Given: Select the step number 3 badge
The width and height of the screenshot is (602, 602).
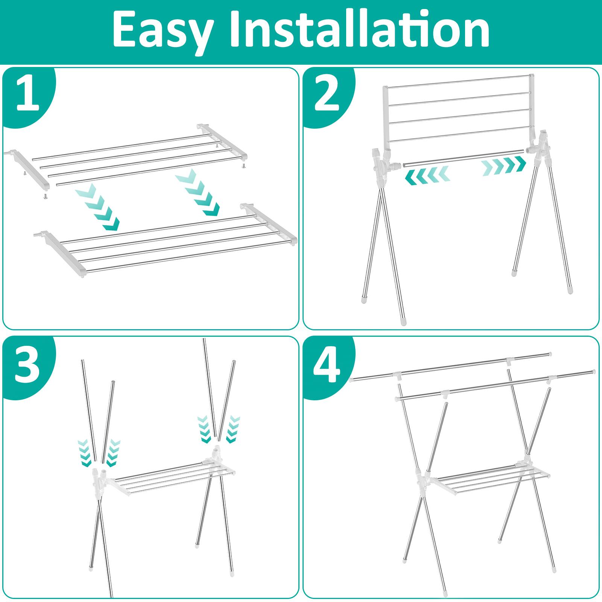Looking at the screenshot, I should point(28,363).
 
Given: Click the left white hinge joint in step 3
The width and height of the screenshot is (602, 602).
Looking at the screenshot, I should point(99,482).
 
